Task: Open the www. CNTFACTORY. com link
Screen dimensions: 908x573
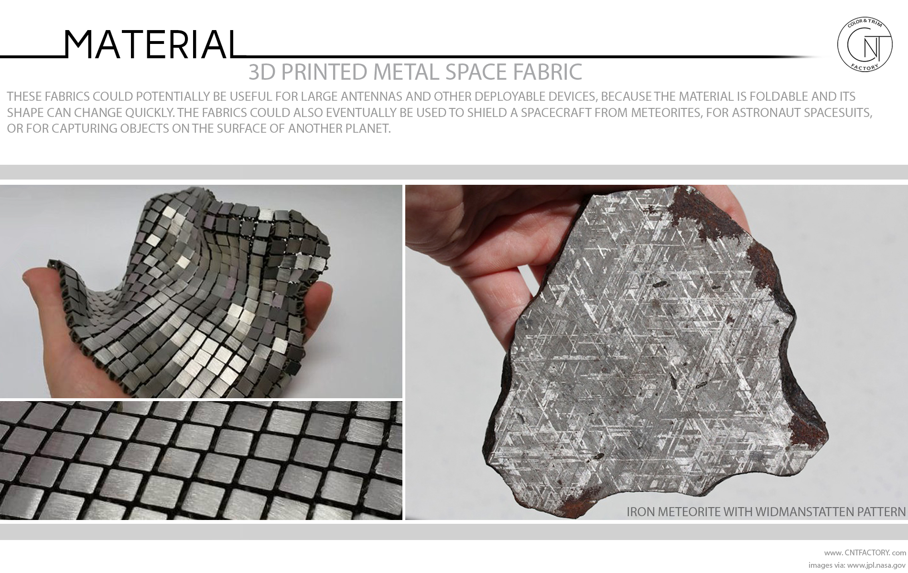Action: coord(865,553)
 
